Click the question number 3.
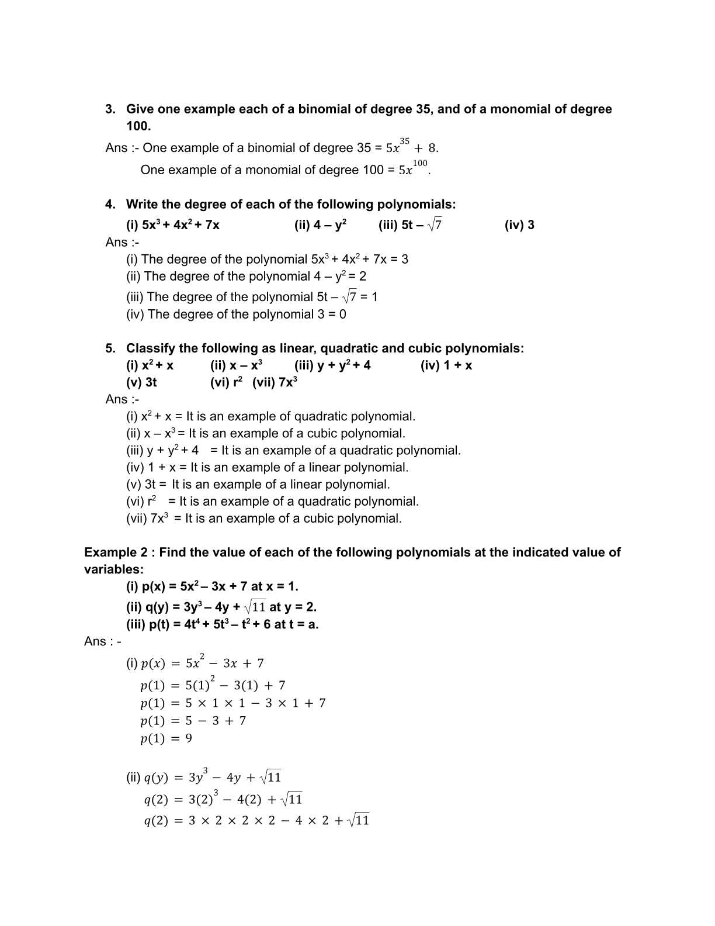click(110, 109)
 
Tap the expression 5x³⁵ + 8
click(412, 147)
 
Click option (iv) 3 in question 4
click(519, 225)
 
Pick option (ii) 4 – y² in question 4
click(320, 225)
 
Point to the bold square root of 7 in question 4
click(435, 224)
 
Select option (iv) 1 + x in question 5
click(446, 366)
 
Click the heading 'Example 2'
click(116, 552)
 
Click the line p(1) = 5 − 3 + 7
click(193, 721)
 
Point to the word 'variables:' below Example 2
click(114, 569)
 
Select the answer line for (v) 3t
click(258, 485)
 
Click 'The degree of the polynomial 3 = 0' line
click(236, 315)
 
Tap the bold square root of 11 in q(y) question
click(255, 606)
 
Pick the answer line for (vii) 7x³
click(264, 519)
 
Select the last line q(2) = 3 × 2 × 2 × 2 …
click(256, 821)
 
